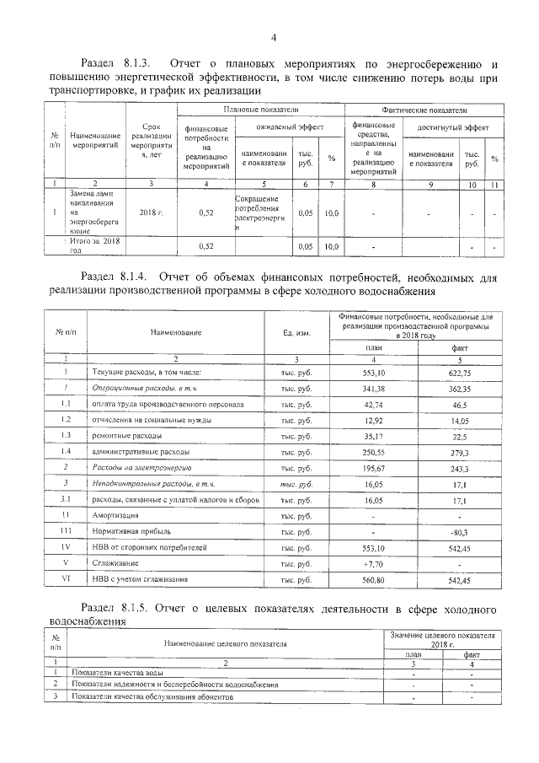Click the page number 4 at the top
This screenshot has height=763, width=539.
click(273, 38)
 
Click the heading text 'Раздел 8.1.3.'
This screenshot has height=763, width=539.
click(115, 64)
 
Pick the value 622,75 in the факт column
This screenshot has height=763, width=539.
click(459, 373)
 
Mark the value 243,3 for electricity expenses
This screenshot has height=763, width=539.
click(459, 468)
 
